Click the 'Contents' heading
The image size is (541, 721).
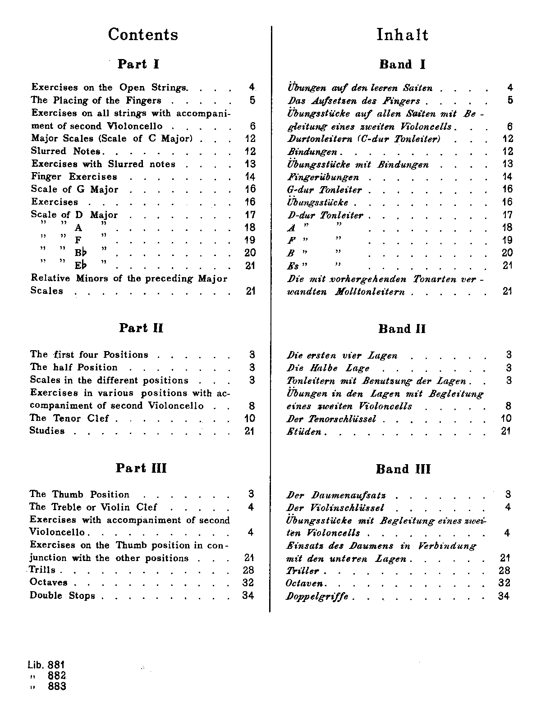pos(143,35)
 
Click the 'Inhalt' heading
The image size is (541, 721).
pos(402,35)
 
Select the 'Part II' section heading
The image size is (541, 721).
pos(141,328)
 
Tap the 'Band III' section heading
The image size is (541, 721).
pos(403,469)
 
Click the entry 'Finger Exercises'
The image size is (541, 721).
pos(74,177)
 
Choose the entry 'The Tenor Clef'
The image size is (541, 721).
pos(69,418)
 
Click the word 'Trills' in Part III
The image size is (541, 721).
pos(42,570)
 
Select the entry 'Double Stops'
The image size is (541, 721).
pos(62,596)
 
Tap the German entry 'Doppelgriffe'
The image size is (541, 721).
pos(317,597)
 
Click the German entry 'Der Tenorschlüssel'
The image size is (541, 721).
pos(331,419)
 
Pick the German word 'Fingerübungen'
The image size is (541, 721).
pos(323,177)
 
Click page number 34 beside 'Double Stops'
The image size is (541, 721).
pos(248,595)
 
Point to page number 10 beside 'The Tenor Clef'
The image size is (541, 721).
pos(249,418)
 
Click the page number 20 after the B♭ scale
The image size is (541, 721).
pos(250,253)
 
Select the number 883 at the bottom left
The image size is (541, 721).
pos(57,686)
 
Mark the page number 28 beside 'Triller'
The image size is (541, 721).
pos(504,570)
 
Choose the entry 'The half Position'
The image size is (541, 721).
pos(73,367)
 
